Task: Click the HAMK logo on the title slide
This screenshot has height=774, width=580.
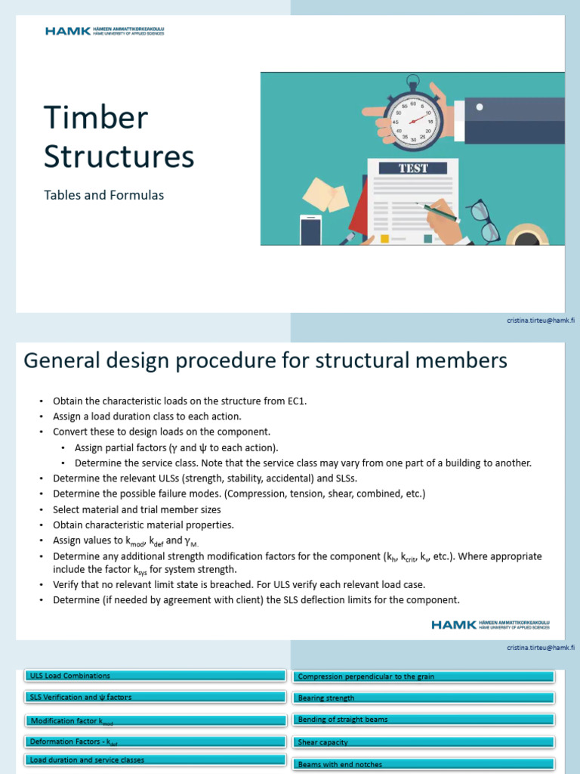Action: click(x=104, y=31)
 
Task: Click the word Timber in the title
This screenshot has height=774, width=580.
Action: click(x=95, y=118)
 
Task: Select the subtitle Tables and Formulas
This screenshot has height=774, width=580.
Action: click(x=103, y=195)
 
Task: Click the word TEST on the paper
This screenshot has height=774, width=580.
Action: click(x=413, y=168)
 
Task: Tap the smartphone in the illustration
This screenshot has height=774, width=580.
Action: click(x=310, y=230)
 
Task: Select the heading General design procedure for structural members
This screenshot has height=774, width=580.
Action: click(x=265, y=361)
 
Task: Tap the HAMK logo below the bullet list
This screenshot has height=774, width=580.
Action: click(x=490, y=624)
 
